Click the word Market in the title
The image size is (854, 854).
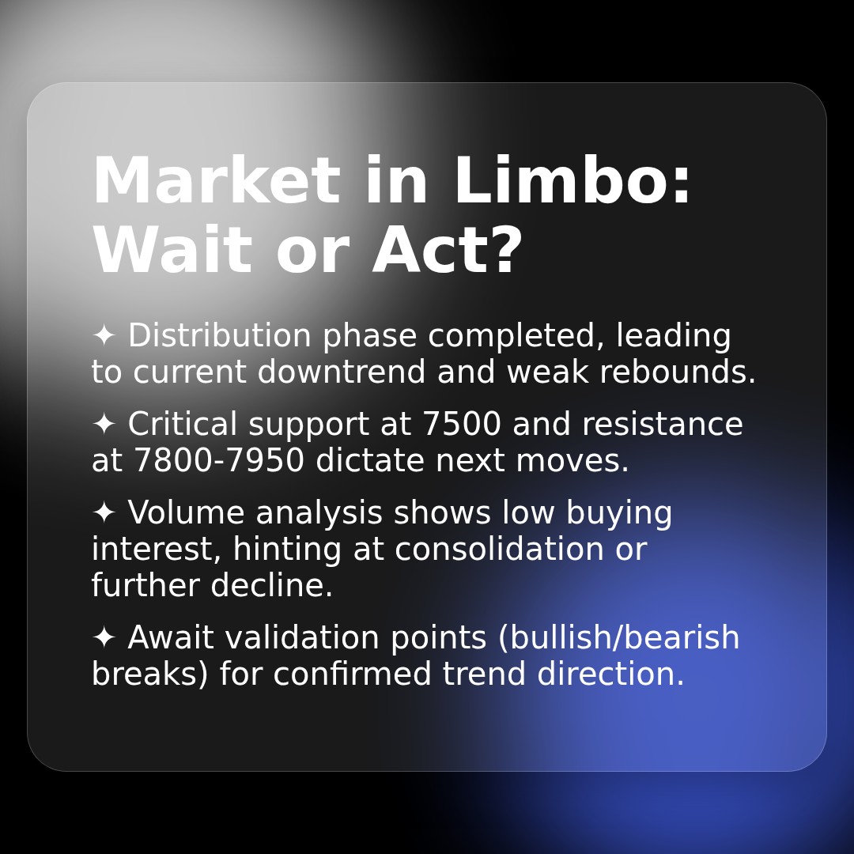(x=216, y=182)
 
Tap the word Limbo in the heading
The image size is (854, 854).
(x=572, y=182)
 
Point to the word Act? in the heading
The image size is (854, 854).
(x=448, y=251)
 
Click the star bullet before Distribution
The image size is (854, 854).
(x=104, y=335)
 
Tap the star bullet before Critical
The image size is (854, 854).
(x=104, y=424)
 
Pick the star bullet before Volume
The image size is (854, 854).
(x=104, y=512)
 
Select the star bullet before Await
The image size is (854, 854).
(x=104, y=637)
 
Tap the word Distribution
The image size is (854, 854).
(x=220, y=336)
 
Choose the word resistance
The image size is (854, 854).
(x=662, y=425)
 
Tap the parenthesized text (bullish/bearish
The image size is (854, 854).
(x=618, y=638)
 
